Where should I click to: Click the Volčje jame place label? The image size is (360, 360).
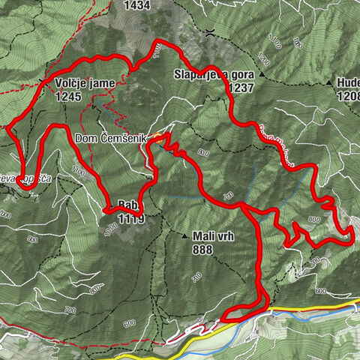[81, 83]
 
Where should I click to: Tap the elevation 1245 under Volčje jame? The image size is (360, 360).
[67, 95]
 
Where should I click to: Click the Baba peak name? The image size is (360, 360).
[127, 203]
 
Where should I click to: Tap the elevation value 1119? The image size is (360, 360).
[129, 220]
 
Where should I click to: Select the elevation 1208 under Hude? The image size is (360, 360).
[346, 97]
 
